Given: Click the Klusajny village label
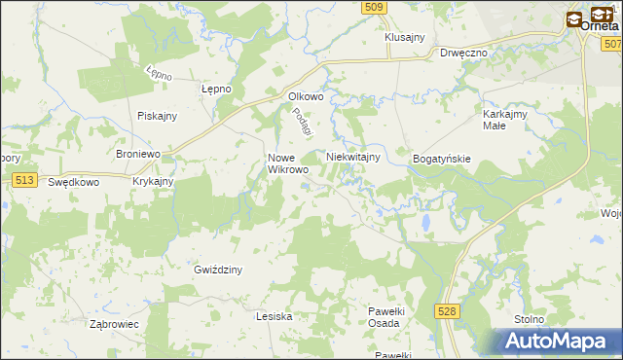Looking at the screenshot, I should (x=405, y=37).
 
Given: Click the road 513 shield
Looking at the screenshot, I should (x=26, y=180).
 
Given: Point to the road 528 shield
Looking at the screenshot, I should (x=447, y=310).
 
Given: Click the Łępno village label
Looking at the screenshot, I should (x=215, y=89).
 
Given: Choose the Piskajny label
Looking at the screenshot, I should (x=157, y=116).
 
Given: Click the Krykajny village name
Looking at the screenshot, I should (x=153, y=182).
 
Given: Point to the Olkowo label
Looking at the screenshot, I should (x=306, y=96).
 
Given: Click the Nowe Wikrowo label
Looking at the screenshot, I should (x=288, y=163).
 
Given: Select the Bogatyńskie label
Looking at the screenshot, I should (x=442, y=158).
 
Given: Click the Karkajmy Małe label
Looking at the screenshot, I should (x=505, y=120).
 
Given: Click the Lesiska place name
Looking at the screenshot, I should (x=274, y=316).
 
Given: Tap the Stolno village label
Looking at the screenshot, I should (x=531, y=318).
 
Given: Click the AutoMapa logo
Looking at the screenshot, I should (x=556, y=342).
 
